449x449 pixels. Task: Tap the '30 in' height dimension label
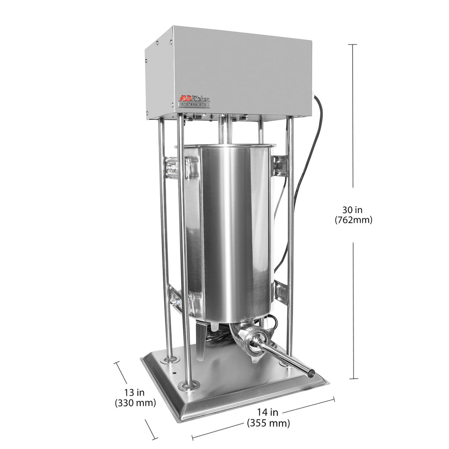point(352,210)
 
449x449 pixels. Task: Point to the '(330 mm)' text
point(135,403)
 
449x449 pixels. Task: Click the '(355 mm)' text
point(268,423)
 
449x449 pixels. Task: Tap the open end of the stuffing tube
point(309,372)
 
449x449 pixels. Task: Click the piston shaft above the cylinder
point(224,132)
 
